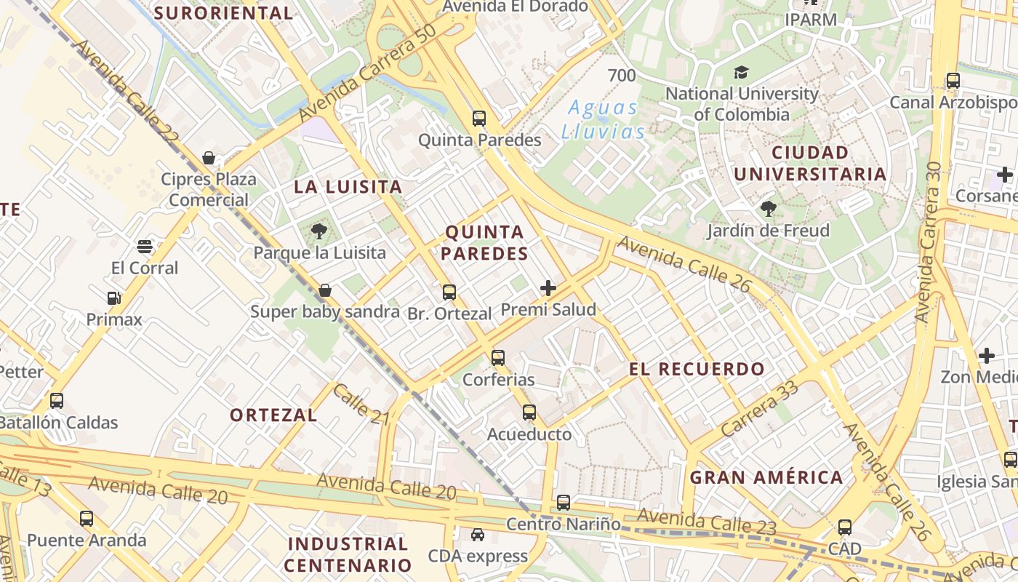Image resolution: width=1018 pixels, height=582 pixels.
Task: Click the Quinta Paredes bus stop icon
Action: point(478,118)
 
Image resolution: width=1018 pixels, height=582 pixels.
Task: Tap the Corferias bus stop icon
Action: point(498,357)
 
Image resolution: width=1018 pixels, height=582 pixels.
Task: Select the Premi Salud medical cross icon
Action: point(548,288)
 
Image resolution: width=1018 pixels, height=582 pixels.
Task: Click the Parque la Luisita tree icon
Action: point(318,232)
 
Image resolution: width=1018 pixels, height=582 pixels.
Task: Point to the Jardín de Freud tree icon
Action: point(769,210)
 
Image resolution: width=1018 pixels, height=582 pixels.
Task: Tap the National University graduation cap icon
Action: point(741,72)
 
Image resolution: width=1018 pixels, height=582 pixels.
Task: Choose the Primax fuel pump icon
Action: point(113,298)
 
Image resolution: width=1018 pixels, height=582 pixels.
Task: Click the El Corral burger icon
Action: point(145,246)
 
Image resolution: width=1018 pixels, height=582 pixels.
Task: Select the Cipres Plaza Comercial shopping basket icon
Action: point(209,158)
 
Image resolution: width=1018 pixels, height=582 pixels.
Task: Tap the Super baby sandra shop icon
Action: point(325,290)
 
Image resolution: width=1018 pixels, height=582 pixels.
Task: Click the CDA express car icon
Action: point(478,535)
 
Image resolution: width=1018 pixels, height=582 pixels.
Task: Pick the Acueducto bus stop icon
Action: point(529,412)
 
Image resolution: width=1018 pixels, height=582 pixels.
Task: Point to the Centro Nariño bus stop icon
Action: point(563,502)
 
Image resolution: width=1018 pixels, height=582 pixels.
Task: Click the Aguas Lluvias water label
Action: point(603,119)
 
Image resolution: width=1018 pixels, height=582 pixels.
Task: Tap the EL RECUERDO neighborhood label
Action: point(697,369)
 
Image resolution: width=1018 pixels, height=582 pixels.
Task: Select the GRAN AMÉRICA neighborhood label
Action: point(766,477)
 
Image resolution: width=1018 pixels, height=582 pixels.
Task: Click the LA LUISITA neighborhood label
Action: point(348,187)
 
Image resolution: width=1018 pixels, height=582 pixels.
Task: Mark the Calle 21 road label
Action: point(361,405)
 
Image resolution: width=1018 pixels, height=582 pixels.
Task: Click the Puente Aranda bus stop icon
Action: point(87,519)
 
